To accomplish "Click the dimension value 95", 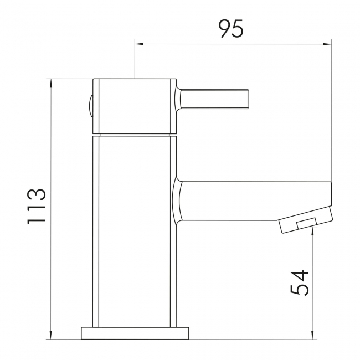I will tap(230, 28).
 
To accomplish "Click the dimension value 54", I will tap(299, 283).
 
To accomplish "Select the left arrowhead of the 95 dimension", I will tap(139, 43).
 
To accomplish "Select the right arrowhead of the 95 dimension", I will tap(327, 43).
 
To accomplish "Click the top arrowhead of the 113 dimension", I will tap(51, 84).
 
